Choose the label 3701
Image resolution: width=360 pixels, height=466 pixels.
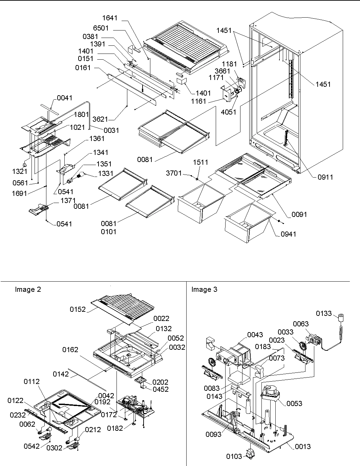(x=174, y=174)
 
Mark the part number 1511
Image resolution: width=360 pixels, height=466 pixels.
(x=200, y=162)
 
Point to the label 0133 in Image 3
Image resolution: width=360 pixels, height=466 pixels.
(x=324, y=313)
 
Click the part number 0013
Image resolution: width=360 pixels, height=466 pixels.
(x=302, y=447)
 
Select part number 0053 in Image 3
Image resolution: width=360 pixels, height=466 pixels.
(x=294, y=403)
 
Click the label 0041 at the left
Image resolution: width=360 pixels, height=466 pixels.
(x=64, y=98)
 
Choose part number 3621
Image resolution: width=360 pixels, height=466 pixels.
(x=100, y=119)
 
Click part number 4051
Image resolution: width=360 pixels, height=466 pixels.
(x=228, y=112)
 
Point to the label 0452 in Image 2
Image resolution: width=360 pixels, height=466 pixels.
(x=160, y=389)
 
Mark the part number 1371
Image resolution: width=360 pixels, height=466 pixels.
(x=68, y=201)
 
